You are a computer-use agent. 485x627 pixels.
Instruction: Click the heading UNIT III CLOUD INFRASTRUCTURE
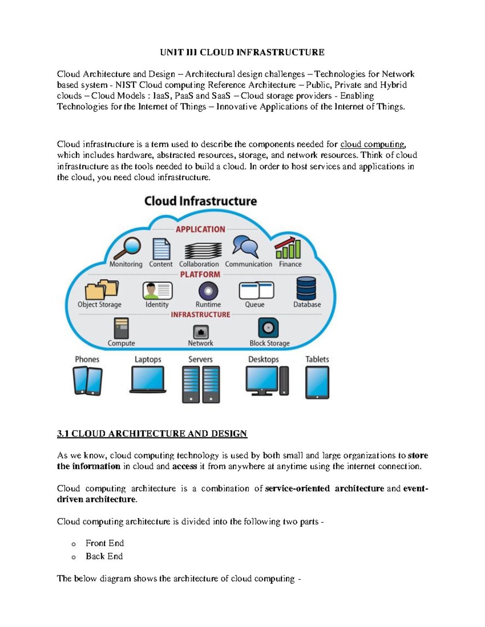coord(242,52)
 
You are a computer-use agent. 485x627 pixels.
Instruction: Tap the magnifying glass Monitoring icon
coord(128,248)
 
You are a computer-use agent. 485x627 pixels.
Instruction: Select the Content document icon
coord(161,249)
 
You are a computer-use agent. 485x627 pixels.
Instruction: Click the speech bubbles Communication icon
coord(245,247)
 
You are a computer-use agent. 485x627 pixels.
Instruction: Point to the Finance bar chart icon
coord(288,248)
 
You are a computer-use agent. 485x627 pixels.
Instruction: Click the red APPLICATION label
coord(200,229)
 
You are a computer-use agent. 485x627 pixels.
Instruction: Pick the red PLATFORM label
coord(200,275)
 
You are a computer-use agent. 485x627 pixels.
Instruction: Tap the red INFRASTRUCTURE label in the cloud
coord(200,315)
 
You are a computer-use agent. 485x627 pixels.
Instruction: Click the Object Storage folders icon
coord(101,289)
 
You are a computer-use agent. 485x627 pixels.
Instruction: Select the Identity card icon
coord(157,290)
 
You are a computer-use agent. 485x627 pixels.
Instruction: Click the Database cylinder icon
coord(306,288)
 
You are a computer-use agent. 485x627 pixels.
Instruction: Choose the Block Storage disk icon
coord(268,327)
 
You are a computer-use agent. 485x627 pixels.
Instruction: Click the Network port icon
coord(201,332)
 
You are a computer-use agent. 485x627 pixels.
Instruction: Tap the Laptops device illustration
coord(148,380)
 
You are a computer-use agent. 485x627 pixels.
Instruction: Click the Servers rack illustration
coord(201,384)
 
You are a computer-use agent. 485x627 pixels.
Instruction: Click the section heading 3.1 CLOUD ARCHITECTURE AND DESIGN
coord(152,434)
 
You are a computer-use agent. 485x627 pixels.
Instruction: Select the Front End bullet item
coord(105,543)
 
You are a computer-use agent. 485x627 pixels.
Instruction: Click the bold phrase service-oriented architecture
coord(324,489)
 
